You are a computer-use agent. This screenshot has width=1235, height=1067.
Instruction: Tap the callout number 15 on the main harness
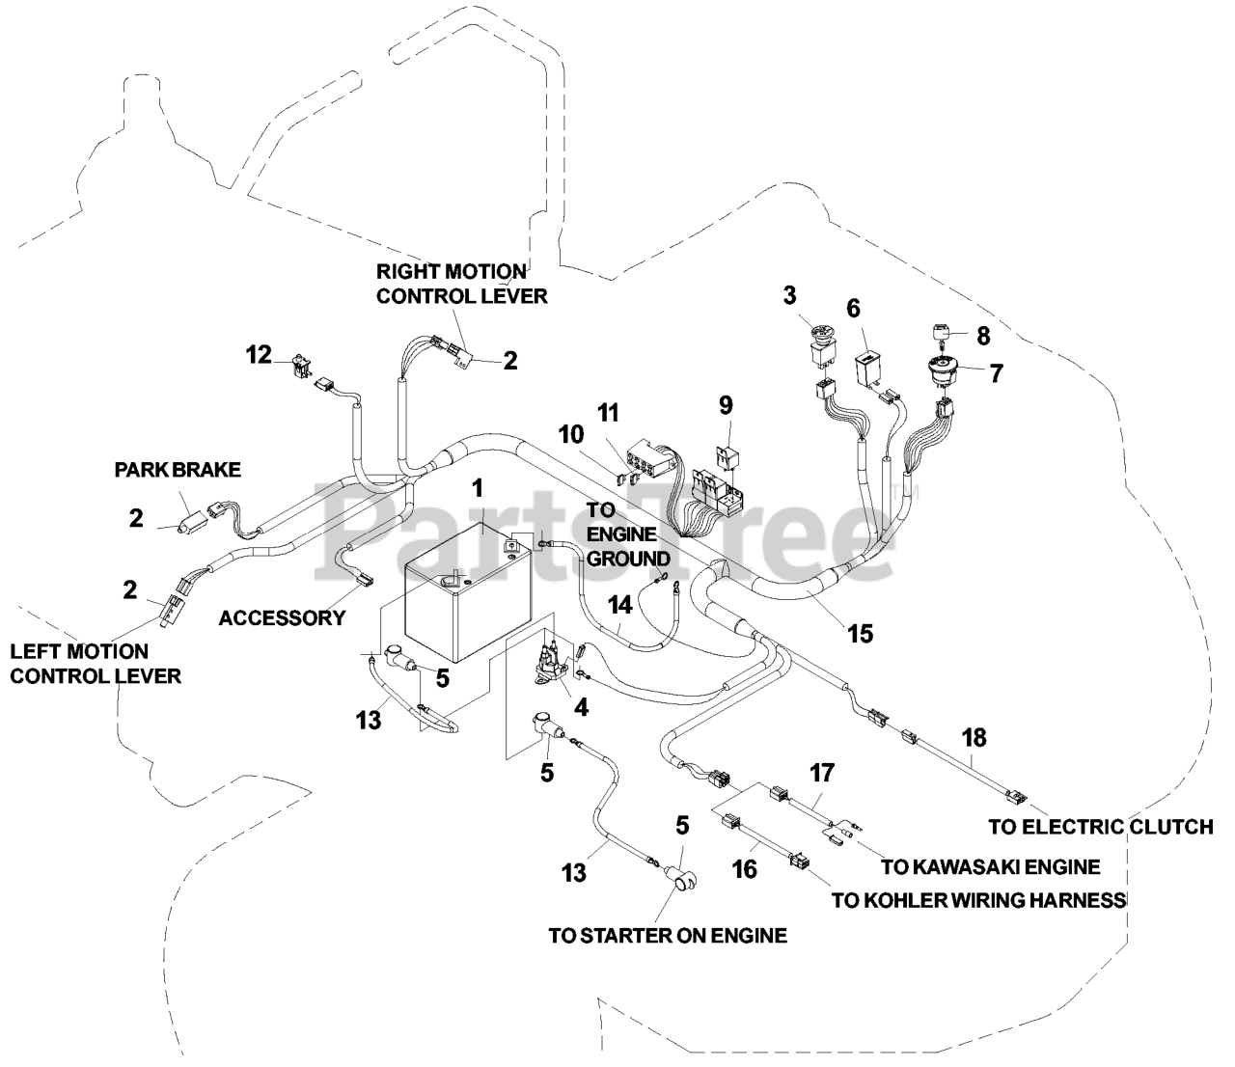[x=859, y=634]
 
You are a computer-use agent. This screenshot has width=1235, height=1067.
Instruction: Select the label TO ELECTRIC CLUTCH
[x=1101, y=827]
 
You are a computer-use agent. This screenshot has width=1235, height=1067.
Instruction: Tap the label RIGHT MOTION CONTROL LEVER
[x=461, y=284]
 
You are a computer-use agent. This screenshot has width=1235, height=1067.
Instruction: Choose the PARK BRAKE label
[x=178, y=470]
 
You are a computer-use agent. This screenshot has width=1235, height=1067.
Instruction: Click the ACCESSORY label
[x=282, y=618]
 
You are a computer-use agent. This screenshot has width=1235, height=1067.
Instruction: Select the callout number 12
[x=258, y=355]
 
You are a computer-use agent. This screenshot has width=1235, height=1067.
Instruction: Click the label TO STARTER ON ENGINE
[x=668, y=935]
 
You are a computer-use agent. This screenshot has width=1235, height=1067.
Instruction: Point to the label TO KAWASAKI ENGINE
[x=990, y=866]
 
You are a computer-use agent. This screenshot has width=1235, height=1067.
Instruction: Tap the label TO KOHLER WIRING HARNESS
[x=979, y=901]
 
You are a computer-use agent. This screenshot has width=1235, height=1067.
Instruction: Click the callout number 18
[x=974, y=738]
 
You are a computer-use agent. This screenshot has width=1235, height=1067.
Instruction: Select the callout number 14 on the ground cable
[x=620, y=605]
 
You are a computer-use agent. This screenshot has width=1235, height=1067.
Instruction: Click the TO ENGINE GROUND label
[x=628, y=546]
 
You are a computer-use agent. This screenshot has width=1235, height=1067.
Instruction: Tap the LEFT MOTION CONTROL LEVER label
[x=95, y=664]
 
